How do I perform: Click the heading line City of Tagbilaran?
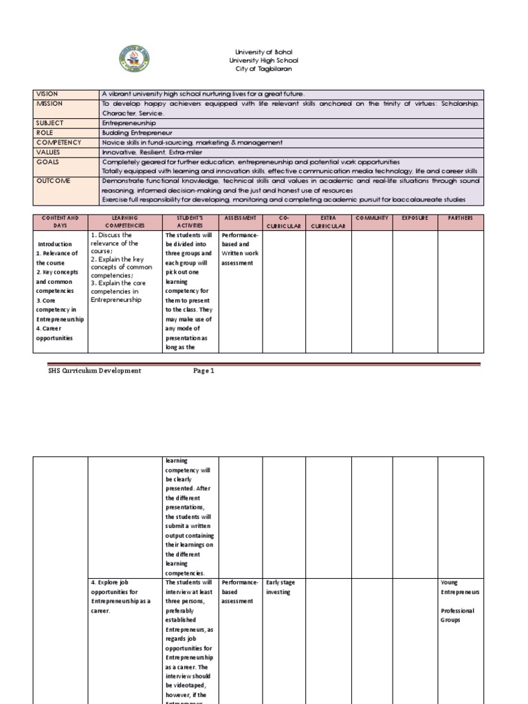264,69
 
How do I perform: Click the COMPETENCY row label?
58,142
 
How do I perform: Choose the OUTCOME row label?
52,181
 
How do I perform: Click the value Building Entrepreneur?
137,132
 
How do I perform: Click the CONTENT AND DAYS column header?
60,221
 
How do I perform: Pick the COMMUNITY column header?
372,218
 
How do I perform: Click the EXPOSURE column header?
415,218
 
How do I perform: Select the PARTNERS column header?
460,218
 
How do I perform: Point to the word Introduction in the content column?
55,244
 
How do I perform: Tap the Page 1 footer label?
203,371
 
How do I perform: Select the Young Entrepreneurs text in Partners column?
461,587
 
